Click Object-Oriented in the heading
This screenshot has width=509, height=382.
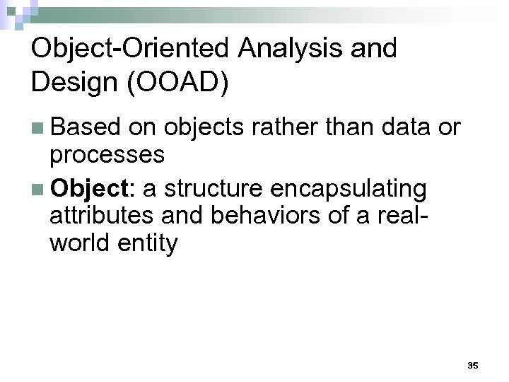pos(130,49)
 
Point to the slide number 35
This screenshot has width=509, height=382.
pos(473,366)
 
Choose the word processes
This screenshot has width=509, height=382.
pos(107,155)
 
